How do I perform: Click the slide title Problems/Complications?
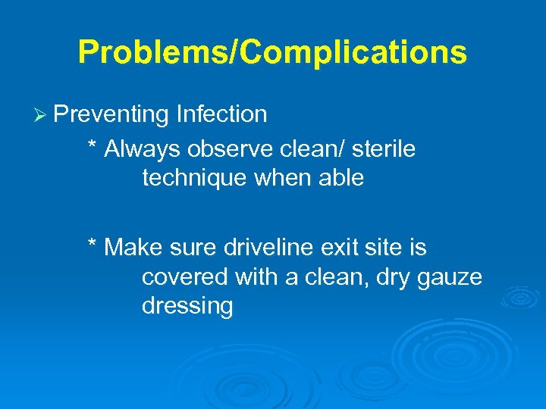272,52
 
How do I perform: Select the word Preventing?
111,114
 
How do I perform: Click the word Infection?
221,114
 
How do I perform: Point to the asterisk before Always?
93,146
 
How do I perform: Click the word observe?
218,149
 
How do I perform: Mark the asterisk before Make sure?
93,245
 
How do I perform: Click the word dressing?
187,307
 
